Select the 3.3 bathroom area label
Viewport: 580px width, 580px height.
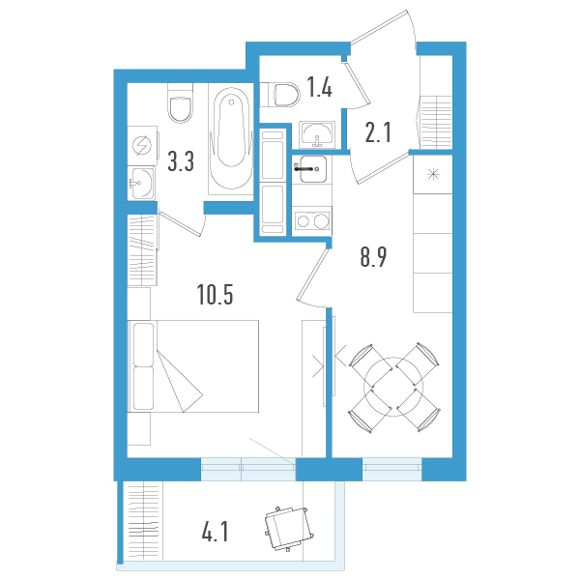[181, 160]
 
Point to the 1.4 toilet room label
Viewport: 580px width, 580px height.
[319, 90]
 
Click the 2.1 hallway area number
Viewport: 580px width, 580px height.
[378, 132]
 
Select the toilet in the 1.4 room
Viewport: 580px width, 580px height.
[283, 94]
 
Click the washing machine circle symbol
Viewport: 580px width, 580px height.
[142, 146]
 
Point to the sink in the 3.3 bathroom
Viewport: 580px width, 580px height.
[141, 181]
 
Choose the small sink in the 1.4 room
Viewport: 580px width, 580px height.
[317, 133]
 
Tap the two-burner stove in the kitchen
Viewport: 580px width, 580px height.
[311, 221]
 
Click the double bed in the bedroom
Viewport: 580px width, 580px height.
[193, 367]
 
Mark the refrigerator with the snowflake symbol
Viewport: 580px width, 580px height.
[432, 175]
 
